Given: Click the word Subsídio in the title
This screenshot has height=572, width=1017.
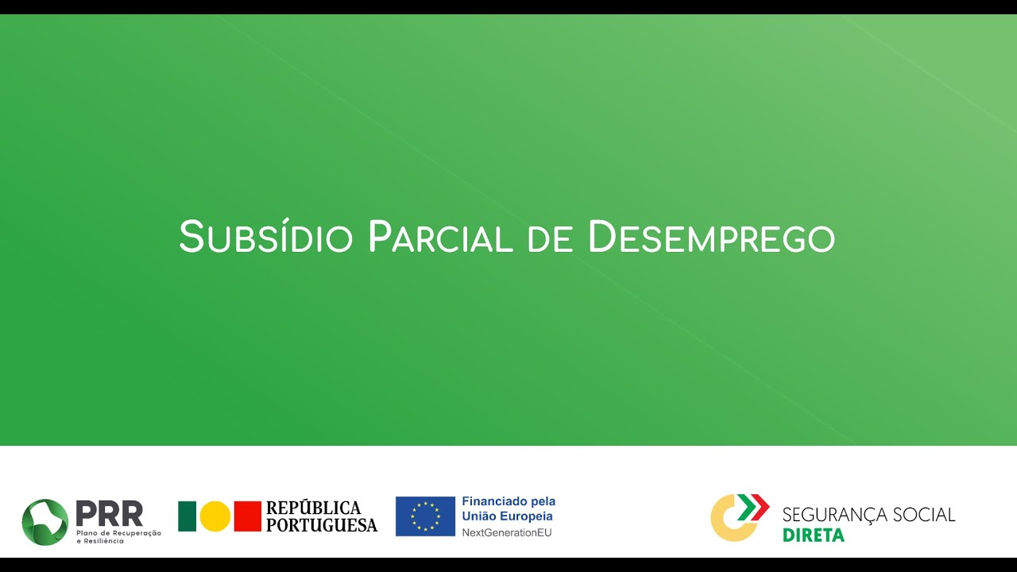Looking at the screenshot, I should click(265, 237).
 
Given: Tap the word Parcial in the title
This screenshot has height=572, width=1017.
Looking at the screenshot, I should click(440, 237).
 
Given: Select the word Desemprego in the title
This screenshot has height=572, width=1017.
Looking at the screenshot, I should click(711, 237).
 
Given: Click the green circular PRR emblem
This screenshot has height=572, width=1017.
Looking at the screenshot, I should click(45, 522).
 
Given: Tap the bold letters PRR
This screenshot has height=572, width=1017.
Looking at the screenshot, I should click(110, 513).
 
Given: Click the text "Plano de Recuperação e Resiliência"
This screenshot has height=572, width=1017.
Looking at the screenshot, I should click(118, 536).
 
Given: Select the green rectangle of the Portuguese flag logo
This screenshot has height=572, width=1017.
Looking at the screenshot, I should click(187, 516).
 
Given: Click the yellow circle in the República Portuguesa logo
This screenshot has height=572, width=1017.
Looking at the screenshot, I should click(215, 516).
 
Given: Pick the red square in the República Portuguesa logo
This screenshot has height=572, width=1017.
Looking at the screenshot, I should click(248, 516).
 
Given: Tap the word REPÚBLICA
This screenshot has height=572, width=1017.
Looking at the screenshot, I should click(313, 508).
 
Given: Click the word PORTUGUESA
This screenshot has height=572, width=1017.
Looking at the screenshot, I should click(322, 525).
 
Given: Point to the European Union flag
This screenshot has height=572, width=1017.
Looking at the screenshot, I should click(425, 516).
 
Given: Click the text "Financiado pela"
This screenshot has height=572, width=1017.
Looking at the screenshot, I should click(508, 501).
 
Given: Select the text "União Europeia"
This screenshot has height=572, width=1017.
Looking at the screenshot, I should click(507, 516).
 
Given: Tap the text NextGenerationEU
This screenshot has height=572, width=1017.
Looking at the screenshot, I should click(507, 532).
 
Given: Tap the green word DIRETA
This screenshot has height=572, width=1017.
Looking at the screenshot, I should click(814, 535).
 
